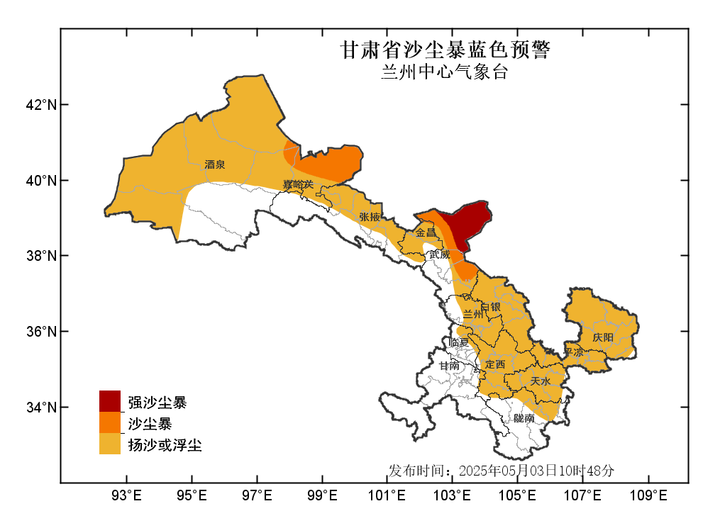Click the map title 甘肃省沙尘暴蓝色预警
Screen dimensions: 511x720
[445, 50]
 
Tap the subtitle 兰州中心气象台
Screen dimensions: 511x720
[445, 72]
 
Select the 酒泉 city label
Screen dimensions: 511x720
[215, 164]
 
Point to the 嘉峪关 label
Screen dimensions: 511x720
[297, 185]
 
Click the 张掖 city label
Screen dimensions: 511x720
[370, 217]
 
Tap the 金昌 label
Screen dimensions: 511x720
[426, 232]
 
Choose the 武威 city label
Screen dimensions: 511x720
[439, 254]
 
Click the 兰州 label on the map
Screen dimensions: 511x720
[472, 313]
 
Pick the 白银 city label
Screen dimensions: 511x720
[491, 307]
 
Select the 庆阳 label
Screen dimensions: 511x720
[603, 337]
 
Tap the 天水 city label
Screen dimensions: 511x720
[540, 381]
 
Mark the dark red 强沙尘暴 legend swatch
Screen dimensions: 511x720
[109, 401]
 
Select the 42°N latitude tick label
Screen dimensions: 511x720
[40, 105]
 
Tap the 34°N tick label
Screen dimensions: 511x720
[40, 407]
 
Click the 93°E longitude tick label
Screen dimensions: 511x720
[127, 494]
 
